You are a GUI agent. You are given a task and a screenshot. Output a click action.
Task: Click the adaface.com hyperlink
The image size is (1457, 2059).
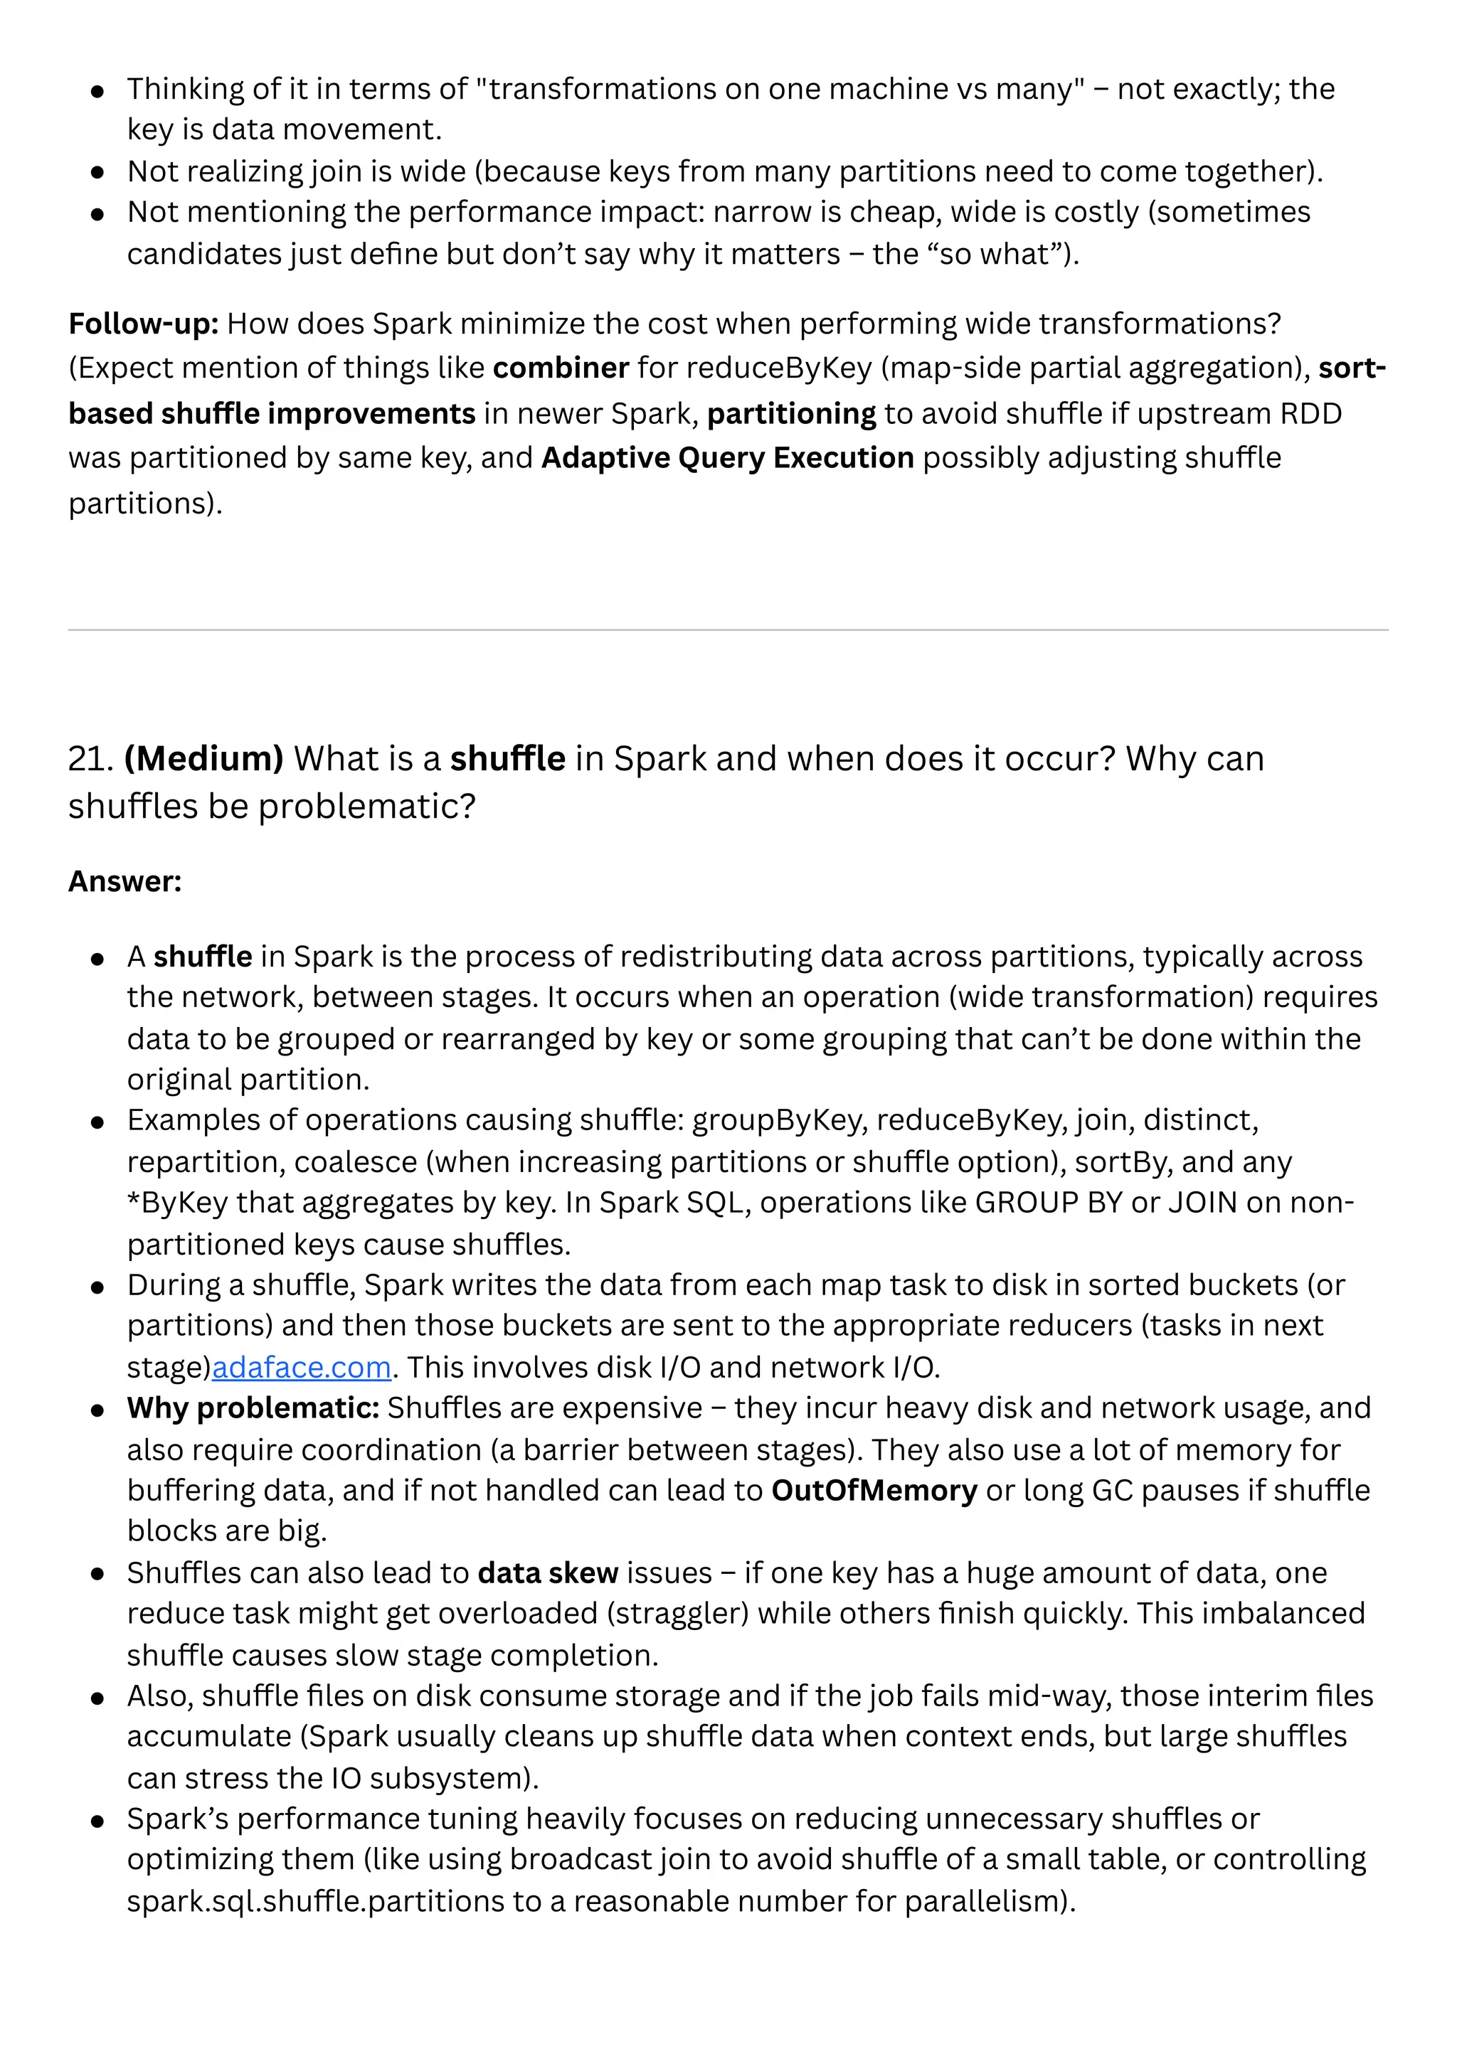click(302, 1367)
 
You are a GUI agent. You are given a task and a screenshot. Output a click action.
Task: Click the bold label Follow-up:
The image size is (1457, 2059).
click(144, 323)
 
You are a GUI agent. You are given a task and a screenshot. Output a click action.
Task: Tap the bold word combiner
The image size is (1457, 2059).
click(561, 368)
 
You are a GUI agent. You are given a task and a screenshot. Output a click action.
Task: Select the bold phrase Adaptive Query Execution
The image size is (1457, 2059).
click(728, 457)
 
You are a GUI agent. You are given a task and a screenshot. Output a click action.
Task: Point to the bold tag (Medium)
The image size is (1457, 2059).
click(203, 759)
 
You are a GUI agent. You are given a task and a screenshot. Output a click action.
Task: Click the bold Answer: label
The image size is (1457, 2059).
click(124, 880)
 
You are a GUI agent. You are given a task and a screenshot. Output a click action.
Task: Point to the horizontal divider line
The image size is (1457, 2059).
click(728, 629)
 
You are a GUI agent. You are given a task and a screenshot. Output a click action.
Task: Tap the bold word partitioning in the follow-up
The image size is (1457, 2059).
click(791, 413)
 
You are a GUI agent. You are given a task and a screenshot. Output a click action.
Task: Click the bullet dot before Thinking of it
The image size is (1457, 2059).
click(97, 90)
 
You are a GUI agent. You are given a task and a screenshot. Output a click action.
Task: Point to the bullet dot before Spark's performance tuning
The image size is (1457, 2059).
click(97, 1821)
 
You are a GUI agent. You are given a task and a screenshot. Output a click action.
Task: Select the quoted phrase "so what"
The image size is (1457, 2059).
click(1000, 254)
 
